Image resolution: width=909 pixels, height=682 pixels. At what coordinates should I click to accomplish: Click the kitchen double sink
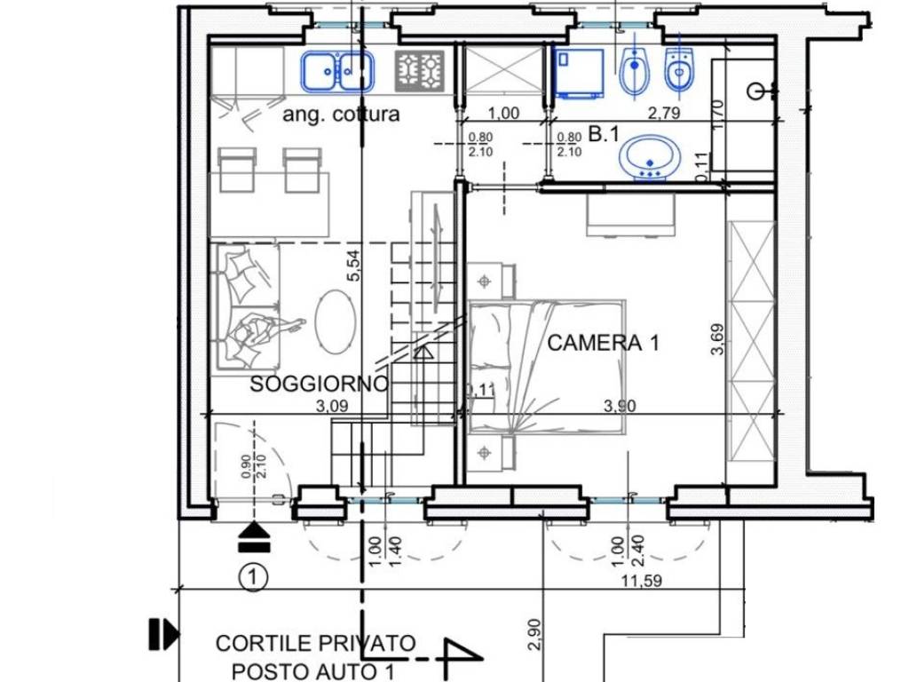[x=336, y=71]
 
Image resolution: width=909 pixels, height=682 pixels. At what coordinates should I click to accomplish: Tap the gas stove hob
[x=420, y=71]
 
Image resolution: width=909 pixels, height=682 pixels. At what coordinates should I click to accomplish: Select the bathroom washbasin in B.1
[x=650, y=157]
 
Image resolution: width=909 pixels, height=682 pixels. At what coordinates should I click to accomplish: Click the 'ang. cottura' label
[x=341, y=115]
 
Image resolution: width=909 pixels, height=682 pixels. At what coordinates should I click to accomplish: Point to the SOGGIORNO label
[x=319, y=384]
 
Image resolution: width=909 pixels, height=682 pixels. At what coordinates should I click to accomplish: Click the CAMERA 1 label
[x=603, y=343]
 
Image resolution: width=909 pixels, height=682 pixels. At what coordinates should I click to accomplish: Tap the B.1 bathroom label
[x=604, y=135]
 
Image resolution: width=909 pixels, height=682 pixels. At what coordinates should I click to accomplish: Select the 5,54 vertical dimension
[x=353, y=265]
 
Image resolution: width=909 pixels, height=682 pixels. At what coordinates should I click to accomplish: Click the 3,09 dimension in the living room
[x=332, y=406]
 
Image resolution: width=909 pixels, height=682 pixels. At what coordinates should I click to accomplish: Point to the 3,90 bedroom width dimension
[x=620, y=405]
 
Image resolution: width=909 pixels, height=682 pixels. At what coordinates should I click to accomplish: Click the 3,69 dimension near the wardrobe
[x=717, y=338]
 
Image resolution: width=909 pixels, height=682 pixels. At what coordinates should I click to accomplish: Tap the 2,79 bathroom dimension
[x=664, y=113]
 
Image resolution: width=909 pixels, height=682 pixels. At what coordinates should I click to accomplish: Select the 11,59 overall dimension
[x=641, y=580]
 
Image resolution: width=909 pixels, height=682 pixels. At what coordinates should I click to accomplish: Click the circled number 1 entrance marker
[x=253, y=577]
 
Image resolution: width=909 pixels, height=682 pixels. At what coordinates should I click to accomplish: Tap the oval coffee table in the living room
[x=336, y=321]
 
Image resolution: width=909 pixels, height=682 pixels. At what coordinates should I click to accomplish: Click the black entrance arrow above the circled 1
[x=254, y=536]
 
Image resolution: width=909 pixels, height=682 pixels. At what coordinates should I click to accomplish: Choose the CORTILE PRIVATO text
[x=315, y=643]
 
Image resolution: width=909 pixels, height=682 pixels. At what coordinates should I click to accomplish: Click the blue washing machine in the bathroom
[x=580, y=72]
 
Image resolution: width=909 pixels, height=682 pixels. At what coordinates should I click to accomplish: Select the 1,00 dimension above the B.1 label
[x=503, y=113]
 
